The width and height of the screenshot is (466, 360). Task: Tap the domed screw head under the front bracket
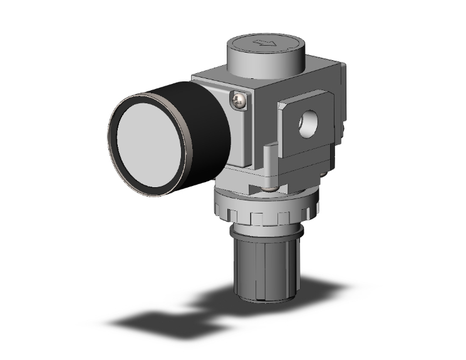[x=269, y=187]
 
